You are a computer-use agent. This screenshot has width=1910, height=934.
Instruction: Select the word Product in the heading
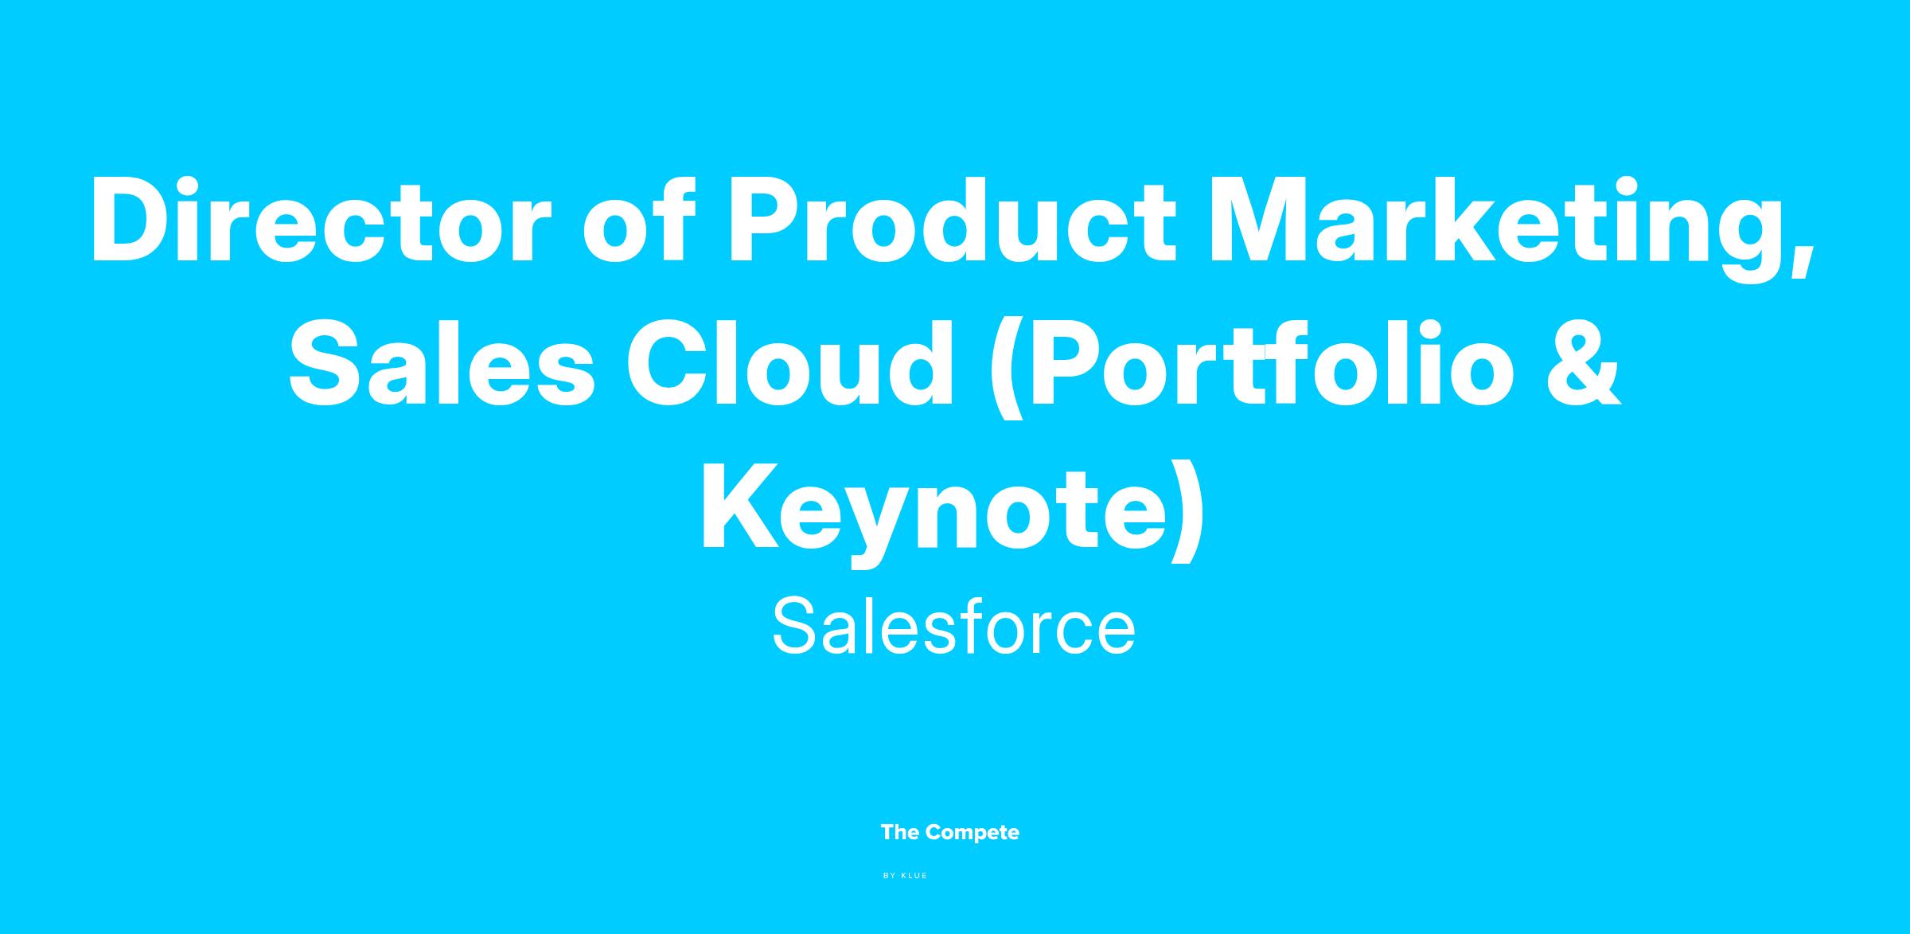pos(951,219)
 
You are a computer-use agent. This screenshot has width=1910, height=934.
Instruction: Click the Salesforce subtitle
pos(953,628)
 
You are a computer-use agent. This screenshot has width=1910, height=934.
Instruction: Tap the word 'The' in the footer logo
pos(900,833)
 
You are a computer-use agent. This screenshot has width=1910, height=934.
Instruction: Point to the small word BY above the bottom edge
pos(890,876)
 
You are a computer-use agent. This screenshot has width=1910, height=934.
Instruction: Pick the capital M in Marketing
pos(1261,219)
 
